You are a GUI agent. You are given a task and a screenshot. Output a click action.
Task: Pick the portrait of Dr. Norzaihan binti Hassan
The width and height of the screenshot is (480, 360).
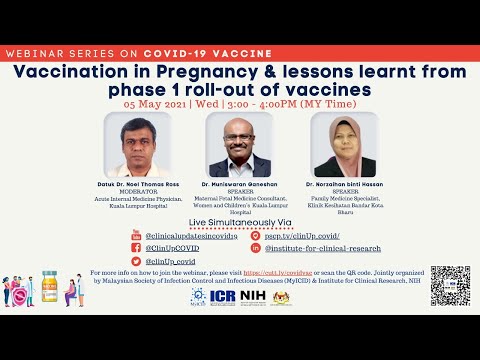[344, 147]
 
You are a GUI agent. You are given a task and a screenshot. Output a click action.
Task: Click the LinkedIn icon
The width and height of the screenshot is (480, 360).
[256, 246]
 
